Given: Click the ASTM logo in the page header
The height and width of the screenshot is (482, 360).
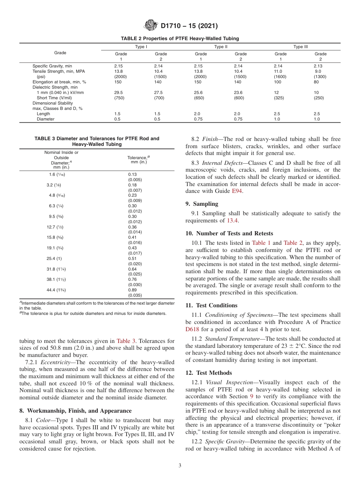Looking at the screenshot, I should tap(151, 26).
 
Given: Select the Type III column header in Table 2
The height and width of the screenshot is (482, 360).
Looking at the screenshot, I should tap(300, 47).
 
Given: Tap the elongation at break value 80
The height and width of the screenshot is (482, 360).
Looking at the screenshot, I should tap(316, 82).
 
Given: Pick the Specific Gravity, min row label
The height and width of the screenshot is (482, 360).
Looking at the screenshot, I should tap(52, 66).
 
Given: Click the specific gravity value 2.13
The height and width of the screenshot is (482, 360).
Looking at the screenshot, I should tap(318, 66).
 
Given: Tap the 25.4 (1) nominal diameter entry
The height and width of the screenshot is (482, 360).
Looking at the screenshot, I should tap(54, 258).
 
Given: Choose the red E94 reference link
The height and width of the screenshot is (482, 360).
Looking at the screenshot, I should tap(237, 191).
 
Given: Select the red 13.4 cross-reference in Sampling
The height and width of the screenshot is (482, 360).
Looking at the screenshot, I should tap(232, 221).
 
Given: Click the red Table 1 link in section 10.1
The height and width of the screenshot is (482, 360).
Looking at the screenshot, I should tap(261, 243).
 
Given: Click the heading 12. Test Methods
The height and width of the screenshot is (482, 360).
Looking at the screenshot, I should tap(208, 373).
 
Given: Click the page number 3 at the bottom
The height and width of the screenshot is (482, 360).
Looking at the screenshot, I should tap(180, 466).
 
